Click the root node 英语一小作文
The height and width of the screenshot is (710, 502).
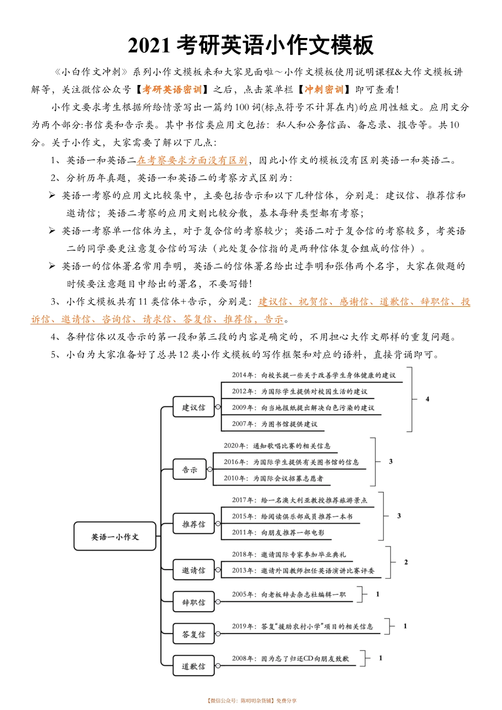pos(115,537)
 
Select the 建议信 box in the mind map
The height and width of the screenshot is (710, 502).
pos(194,408)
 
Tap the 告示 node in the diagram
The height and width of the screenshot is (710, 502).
pos(190,470)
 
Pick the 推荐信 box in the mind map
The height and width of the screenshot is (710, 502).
pos(194,524)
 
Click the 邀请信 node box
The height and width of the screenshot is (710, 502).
pos(194,571)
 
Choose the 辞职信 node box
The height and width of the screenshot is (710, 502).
pos(194,602)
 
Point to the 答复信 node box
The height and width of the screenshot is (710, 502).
pos(194,635)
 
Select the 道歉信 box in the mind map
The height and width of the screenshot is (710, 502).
pos(194,667)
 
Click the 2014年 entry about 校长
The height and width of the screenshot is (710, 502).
pos(313,375)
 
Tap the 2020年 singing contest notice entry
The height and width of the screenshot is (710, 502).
pos(277,446)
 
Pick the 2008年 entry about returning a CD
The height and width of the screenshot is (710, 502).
pos(290,659)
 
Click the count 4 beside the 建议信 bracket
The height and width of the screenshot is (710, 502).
pos(427,399)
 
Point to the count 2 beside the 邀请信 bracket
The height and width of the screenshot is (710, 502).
pos(406,562)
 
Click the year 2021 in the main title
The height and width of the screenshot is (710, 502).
pos(150,46)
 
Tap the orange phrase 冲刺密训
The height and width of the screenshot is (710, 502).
pos(324,90)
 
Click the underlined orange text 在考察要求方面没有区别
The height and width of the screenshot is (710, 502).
pos(192,160)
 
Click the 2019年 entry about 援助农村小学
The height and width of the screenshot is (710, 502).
pos(302,627)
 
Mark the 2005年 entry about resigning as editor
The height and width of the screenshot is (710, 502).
pos(289,594)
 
